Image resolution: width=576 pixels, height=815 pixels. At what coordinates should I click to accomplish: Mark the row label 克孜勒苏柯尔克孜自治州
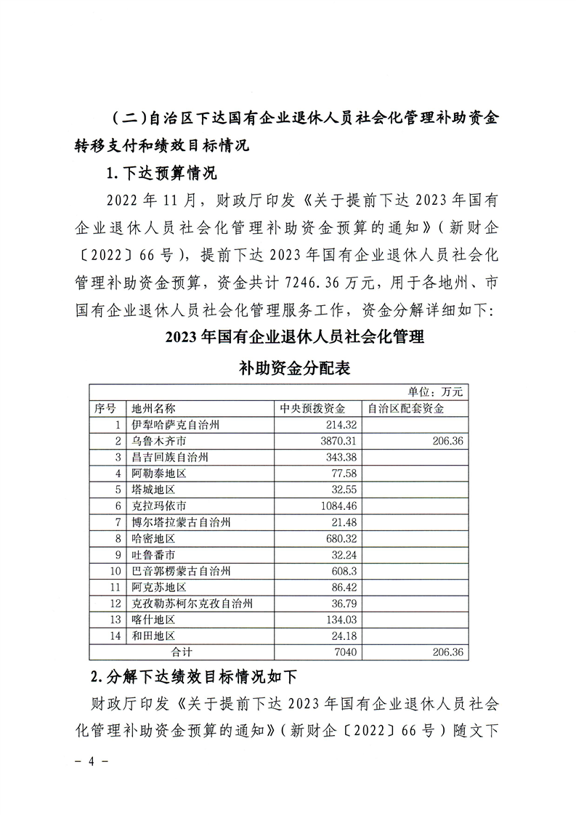(x=192, y=603)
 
